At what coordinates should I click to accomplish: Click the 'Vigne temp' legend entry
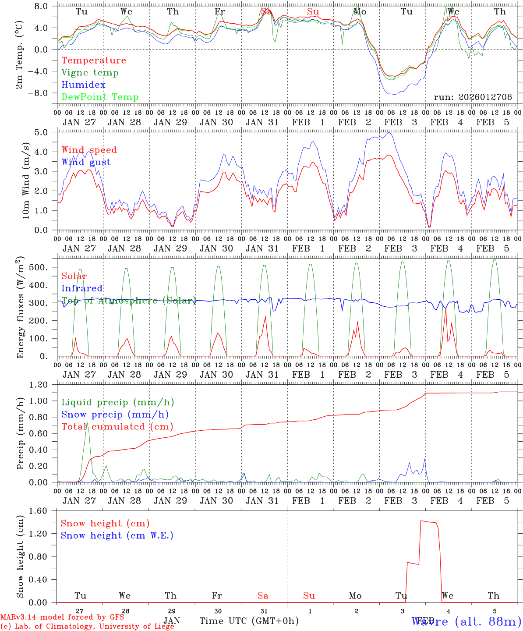[x=90, y=73]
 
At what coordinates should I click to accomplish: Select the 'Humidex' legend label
[x=83, y=85]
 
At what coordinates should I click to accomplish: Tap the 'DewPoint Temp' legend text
[x=100, y=97]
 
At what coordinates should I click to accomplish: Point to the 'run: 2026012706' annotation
[x=473, y=97]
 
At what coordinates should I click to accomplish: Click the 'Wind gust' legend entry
[x=86, y=162]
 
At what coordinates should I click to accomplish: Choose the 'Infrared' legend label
[x=82, y=288]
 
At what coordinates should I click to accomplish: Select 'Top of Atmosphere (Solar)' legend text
[x=129, y=301]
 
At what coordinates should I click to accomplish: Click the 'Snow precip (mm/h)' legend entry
[x=115, y=415]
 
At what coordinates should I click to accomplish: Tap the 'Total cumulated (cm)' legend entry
[x=117, y=427]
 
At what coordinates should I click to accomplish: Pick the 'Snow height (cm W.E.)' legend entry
[x=117, y=535]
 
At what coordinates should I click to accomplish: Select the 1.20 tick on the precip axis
[x=39, y=385]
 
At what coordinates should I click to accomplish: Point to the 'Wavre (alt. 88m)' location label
[x=466, y=621]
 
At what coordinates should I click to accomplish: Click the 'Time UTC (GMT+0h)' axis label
[x=249, y=621]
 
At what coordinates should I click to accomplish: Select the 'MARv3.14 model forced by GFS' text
[x=62, y=617]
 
